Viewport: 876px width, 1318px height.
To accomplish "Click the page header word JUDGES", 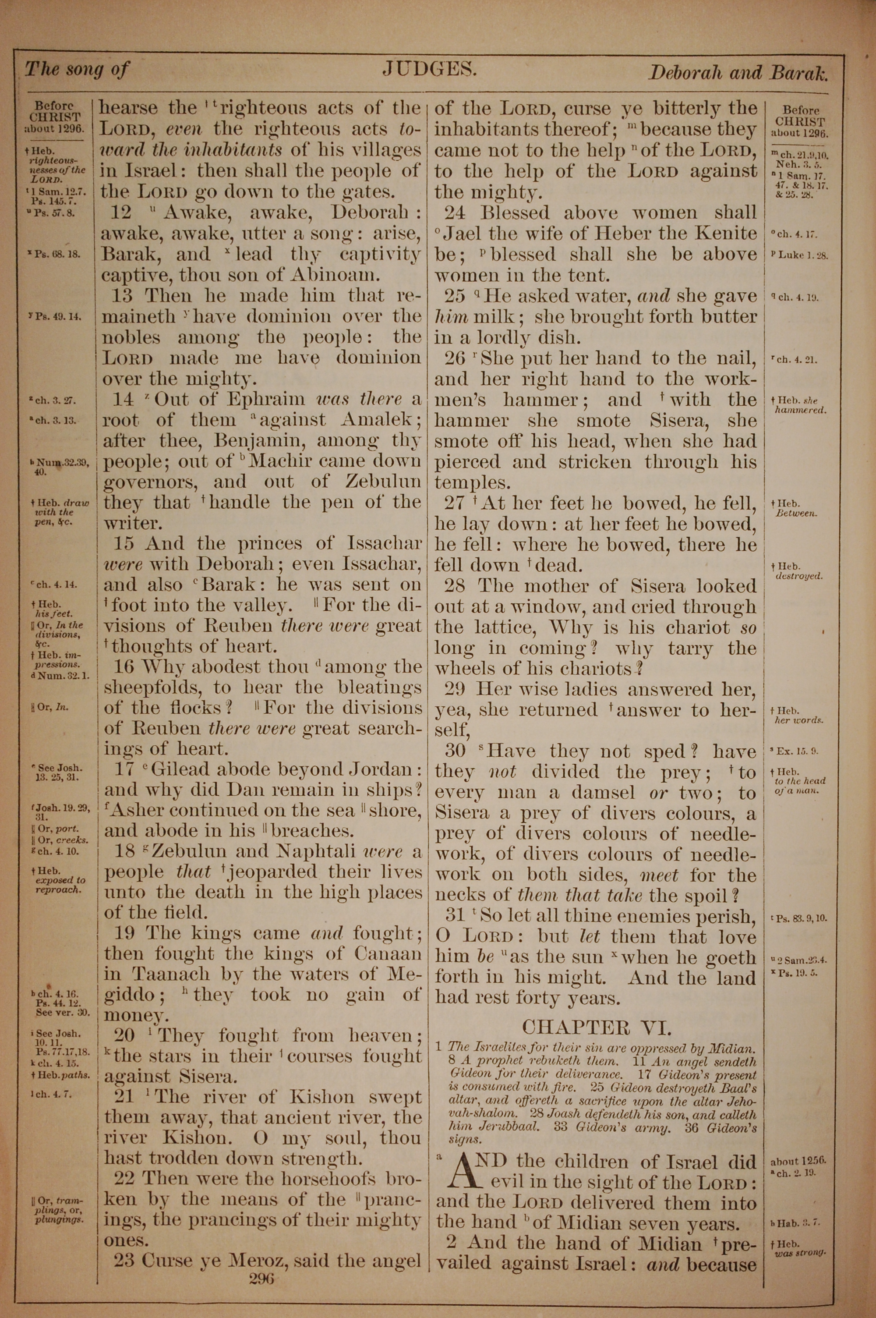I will coord(429,69).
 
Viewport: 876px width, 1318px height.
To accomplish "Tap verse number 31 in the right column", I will coord(456,916).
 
